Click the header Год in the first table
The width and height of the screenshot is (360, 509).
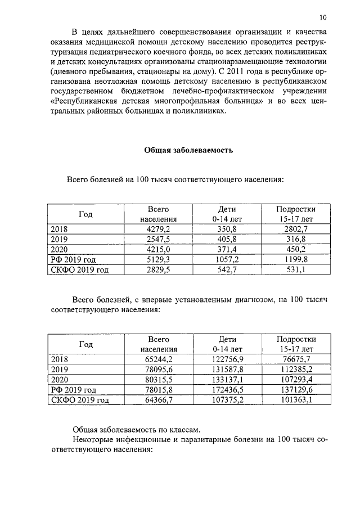[x=85, y=214]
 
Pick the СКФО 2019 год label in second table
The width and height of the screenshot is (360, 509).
[x=79, y=400]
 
